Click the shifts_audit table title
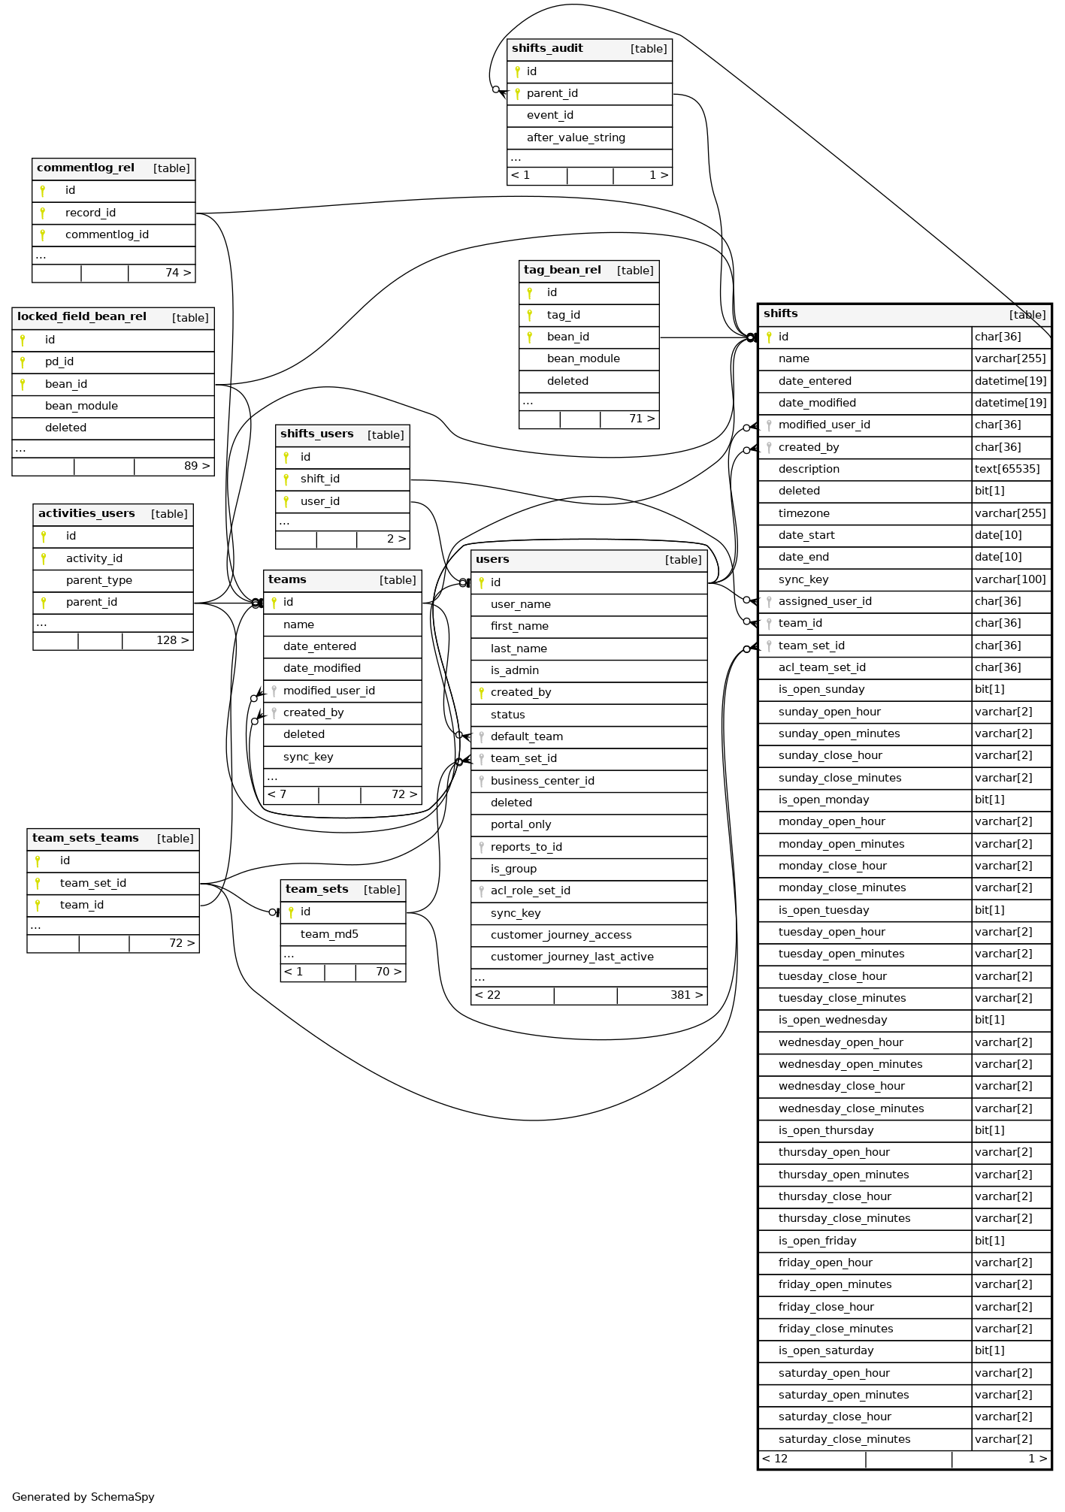tap(547, 49)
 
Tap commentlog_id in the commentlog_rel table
tap(107, 234)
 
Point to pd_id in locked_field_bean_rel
tap(59, 361)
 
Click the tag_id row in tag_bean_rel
tap(564, 315)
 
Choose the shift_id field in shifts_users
tap(320, 479)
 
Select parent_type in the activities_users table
tap(99, 580)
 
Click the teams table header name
tap(287, 579)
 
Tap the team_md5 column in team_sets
tap(329, 934)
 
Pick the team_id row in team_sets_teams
tap(82, 905)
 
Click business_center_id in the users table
tap(543, 781)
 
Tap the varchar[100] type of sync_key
tap(1010, 579)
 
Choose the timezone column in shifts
tap(804, 513)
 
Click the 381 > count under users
tap(686, 995)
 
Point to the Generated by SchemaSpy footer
tap(83, 1497)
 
